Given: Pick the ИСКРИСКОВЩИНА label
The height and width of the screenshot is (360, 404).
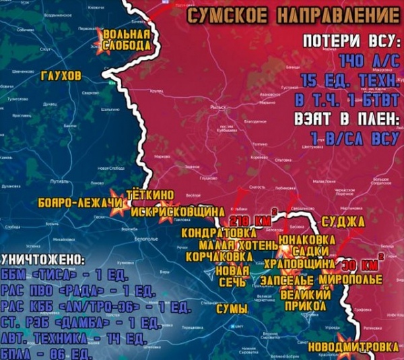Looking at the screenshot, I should (177, 211).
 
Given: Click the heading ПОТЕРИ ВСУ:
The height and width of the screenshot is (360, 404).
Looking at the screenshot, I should (351, 41).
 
